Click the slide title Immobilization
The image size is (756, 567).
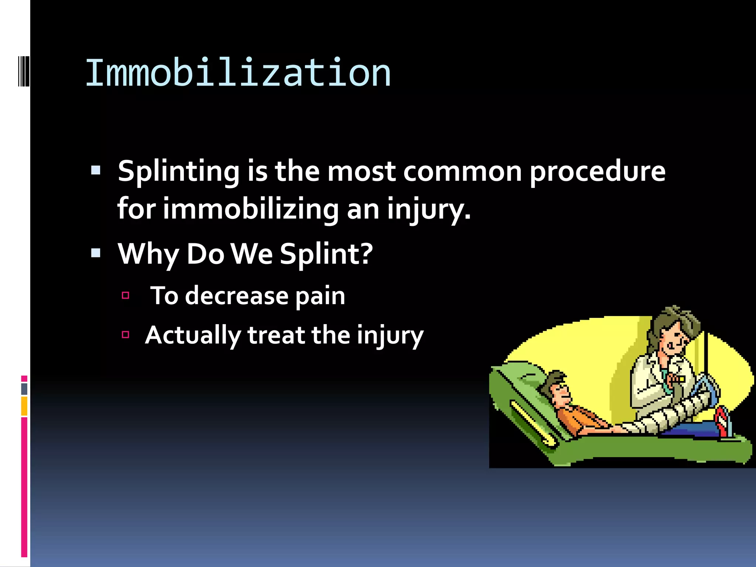(x=238, y=73)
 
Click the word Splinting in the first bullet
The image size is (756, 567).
(x=179, y=172)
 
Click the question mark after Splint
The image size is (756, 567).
(x=366, y=254)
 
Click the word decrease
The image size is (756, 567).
(x=236, y=296)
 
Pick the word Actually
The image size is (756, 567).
(x=193, y=336)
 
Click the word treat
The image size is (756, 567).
(x=276, y=336)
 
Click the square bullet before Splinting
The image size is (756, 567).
(x=96, y=170)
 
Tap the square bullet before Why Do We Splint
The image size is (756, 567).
(x=96, y=253)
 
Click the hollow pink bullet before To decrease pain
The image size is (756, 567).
(x=126, y=295)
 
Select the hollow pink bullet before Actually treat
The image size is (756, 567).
(x=126, y=335)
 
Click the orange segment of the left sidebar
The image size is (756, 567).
(x=24, y=406)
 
